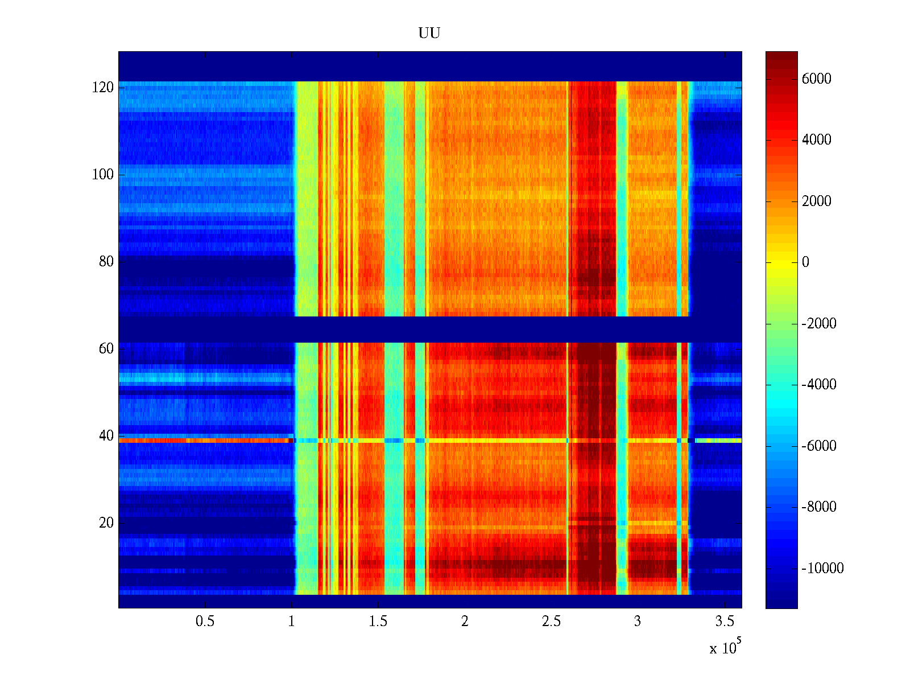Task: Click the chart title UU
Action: (429, 34)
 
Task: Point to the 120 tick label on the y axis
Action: (103, 88)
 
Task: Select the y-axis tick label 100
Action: (103, 175)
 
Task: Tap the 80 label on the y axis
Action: (106, 262)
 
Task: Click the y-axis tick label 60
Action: (106, 349)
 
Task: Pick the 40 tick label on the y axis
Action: (106, 436)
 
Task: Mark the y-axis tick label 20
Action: (106, 523)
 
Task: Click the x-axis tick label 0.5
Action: (205, 622)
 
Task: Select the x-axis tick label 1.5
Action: (378, 622)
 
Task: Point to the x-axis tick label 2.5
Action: (551, 622)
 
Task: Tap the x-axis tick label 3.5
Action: (724, 622)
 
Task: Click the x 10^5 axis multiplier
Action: (725, 647)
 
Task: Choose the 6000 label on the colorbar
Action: (816, 79)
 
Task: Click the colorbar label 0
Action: (805, 262)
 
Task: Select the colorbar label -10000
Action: (822, 569)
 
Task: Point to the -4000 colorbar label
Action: (819, 385)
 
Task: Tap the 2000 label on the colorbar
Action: (816, 201)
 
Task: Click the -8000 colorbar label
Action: (819, 507)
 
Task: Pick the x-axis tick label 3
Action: (638, 622)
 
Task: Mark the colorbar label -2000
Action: (819, 324)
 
